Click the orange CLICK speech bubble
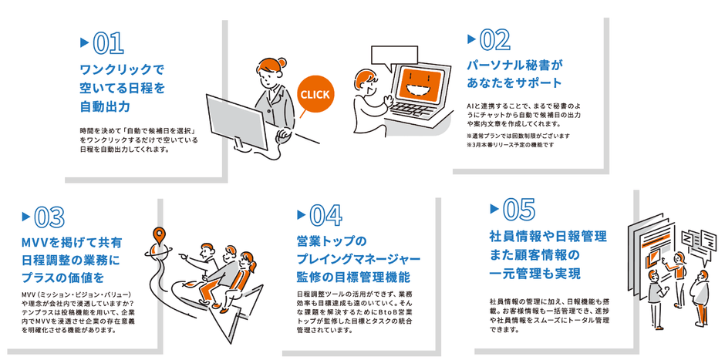(315, 95)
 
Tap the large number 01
(108, 44)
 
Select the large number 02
(494, 40)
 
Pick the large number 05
(518, 210)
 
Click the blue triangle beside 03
(26, 217)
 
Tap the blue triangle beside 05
(494, 209)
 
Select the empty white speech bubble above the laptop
(394, 57)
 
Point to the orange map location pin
(160, 236)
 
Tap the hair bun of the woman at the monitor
(282, 63)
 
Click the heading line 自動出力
(105, 106)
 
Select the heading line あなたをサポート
(514, 83)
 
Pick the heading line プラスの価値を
(63, 278)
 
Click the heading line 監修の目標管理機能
(353, 278)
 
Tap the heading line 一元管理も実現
(535, 274)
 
